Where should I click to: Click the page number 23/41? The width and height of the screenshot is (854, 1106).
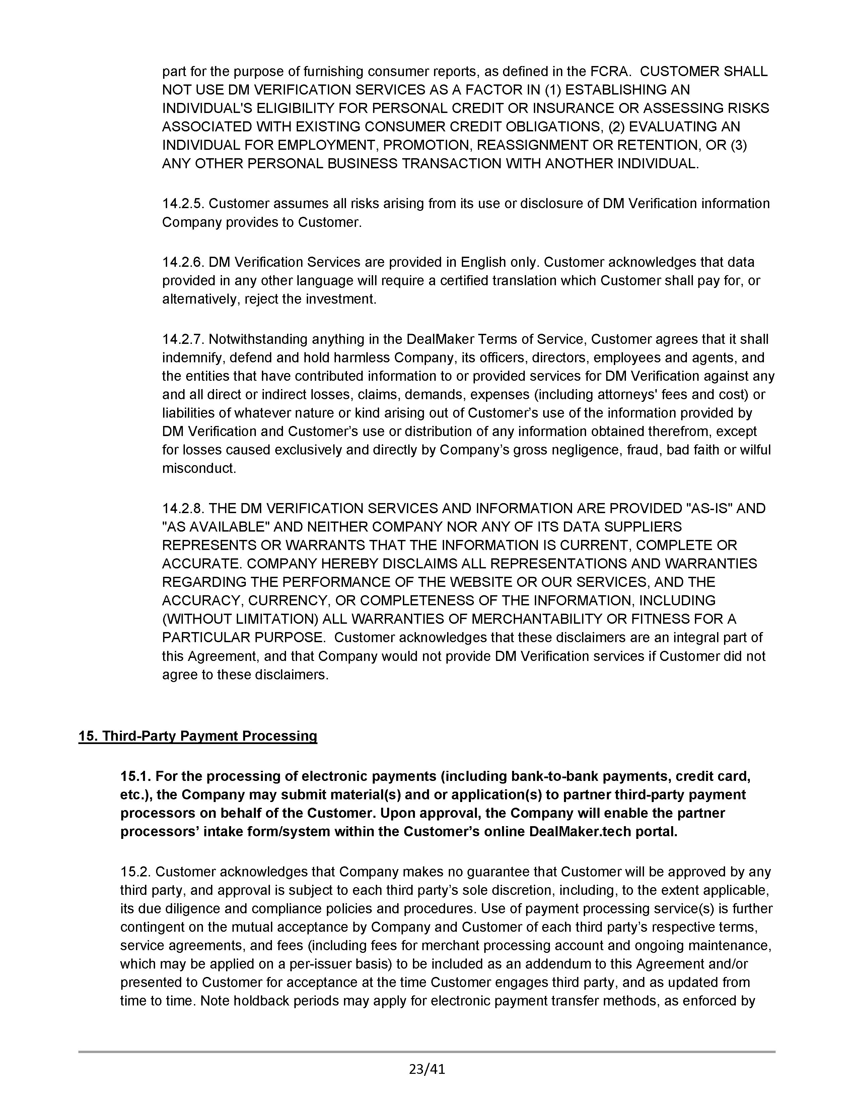(x=426, y=1069)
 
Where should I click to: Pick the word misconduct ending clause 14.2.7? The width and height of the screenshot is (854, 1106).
(x=199, y=469)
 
